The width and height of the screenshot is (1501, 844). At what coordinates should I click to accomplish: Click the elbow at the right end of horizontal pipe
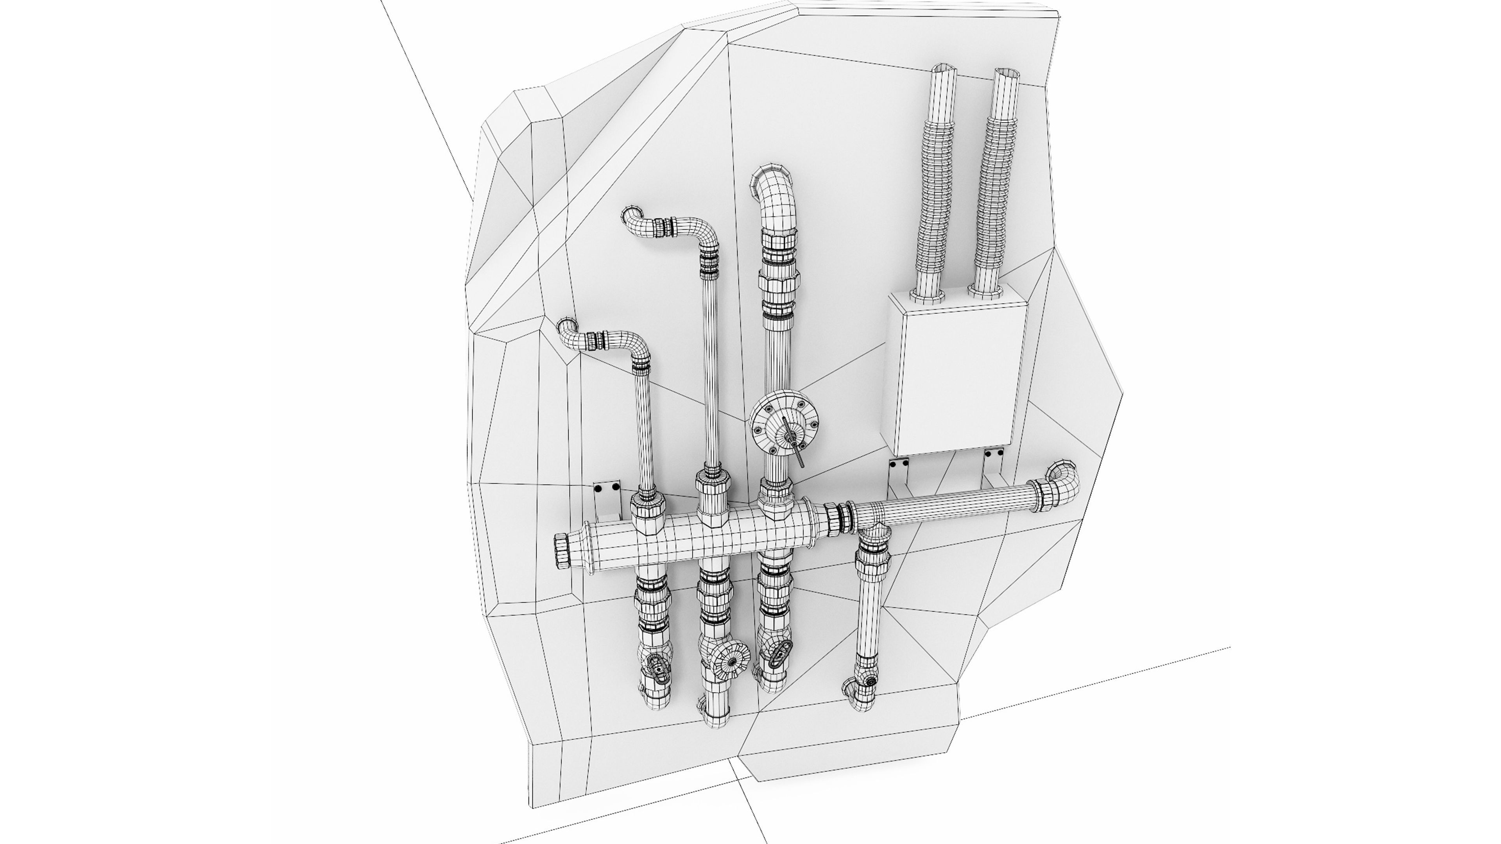coord(1062,477)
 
